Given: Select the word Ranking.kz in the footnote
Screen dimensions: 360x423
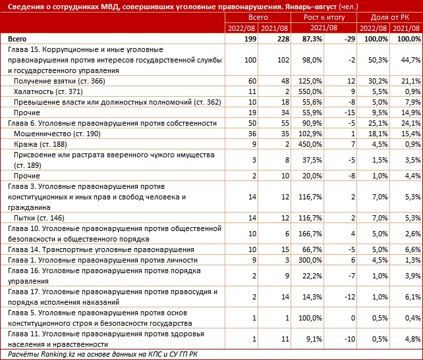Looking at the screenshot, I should tap(57, 354).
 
